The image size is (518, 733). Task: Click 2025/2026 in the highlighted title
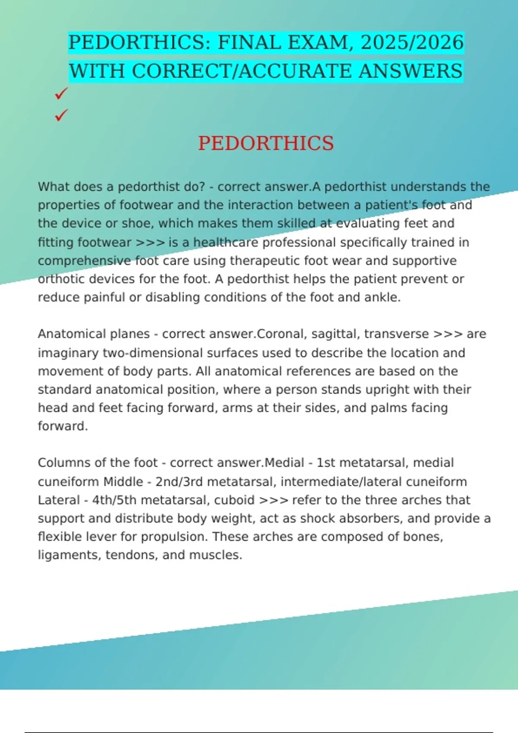tap(411, 43)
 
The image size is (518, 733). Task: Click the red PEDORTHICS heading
tap(266, 143)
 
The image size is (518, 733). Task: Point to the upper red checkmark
tap(61, 93)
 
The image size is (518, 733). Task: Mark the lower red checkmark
tap(61, 115)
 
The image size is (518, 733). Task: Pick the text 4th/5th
tap(114, 500)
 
